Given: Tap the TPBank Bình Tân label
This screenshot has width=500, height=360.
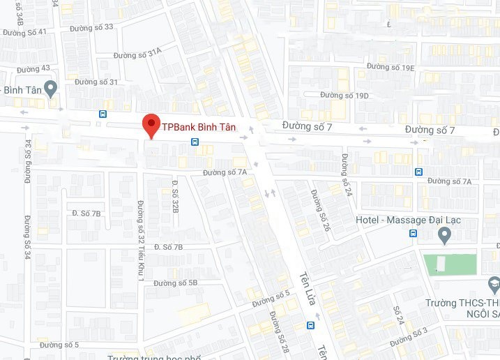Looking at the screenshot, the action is tap(199, 127).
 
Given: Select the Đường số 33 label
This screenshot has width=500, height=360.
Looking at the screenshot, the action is tap(91, 27).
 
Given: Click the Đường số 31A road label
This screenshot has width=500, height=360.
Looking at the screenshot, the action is tap(137, 52).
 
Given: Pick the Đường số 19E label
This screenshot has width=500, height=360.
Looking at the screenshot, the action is tap(391, 67).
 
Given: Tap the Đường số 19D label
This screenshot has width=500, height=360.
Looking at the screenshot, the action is tap(344, 95).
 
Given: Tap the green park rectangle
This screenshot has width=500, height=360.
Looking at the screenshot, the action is tap(450, 264).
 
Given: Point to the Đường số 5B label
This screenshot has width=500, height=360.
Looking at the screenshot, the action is tap(176, 283).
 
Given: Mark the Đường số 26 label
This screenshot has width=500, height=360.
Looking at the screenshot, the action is tap(321, 210).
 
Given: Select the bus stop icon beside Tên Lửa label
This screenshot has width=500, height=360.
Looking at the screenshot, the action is tap(310, 325).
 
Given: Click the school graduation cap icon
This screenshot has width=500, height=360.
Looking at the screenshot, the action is tap(494, 284).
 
